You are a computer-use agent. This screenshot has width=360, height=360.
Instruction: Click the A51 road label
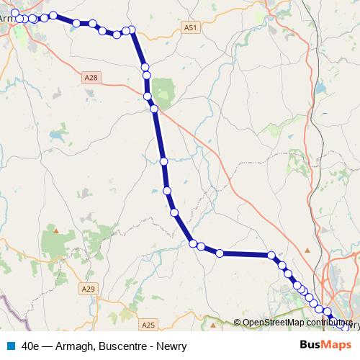pos(189,27)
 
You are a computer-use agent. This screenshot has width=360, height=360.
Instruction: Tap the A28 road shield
pos(90,77)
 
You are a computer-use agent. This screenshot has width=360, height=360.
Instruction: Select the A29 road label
pos(88,289)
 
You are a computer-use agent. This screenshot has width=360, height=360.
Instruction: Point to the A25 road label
pos(148,325)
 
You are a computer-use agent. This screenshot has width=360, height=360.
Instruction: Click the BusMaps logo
pos(323,346)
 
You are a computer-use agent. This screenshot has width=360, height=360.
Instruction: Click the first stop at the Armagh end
pos(15,13)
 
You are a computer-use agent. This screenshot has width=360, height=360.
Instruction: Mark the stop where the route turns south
pos(132,30)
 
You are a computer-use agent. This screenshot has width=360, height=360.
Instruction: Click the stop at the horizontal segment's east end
pos(271,255)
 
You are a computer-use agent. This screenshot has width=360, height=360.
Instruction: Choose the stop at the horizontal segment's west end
pos(220,253)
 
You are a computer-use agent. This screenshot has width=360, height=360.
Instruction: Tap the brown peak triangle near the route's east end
pos(307,250)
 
